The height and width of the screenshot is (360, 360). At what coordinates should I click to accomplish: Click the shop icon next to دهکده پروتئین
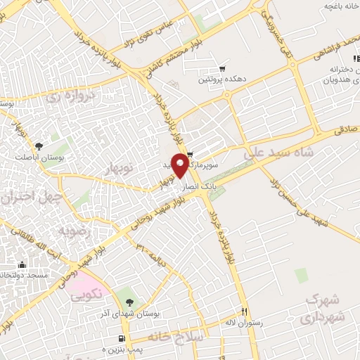coord(222,69)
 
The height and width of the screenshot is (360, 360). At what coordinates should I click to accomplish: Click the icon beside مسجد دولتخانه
coord(21,265)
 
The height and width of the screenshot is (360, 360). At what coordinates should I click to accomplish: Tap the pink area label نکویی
coord(87,293)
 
